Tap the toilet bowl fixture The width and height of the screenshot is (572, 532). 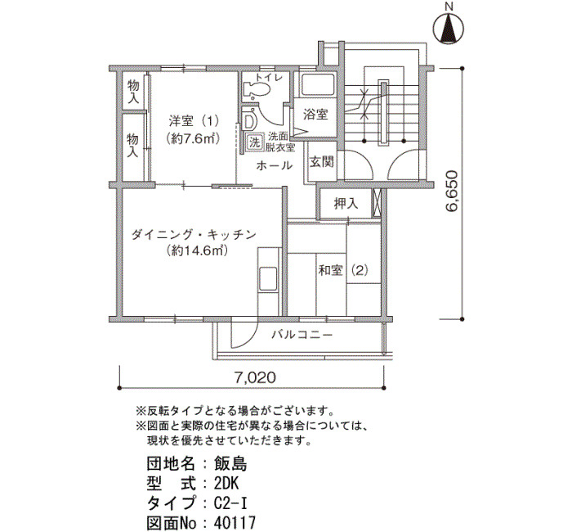pos(257,88)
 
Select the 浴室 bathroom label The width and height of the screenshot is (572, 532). pos(315,115)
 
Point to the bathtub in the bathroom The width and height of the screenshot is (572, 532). pos(317,84)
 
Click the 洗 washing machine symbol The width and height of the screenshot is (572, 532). pos(254,142)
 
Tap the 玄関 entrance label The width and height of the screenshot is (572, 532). pos(322,161)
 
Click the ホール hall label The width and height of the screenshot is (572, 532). pos(274,166)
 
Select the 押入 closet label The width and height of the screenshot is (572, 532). pos(346,204)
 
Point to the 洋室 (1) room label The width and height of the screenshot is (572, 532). pos(193,120)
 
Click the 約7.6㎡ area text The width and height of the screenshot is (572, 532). pos(193,139)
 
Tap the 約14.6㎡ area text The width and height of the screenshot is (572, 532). pos(198,250)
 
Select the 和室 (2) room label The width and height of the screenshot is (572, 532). pos(343,271)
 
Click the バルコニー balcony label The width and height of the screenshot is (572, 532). pos(302,334)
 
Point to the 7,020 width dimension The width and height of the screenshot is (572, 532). pos(255,377)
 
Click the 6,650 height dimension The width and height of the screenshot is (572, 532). pos(451,191)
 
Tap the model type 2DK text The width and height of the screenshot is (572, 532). pos(226,484)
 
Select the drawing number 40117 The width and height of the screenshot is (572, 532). pos(235,522)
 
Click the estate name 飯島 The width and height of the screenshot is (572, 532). pos(230,464)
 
